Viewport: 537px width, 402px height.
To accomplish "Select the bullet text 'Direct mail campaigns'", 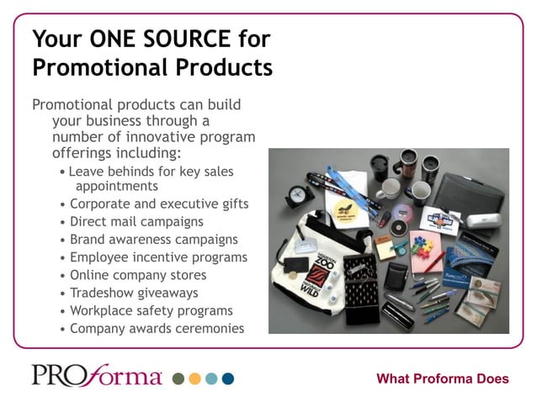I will (x=136, y=222).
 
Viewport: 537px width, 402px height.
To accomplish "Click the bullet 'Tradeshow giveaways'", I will (x=134, y=293).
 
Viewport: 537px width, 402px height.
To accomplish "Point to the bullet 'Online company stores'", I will (x=138, y=275).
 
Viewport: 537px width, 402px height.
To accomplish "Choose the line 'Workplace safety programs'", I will (x=151, y=310).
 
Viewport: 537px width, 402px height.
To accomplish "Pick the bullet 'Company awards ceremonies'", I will (x=157, y=328).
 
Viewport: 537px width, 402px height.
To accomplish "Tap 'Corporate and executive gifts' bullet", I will (x=159, y=204).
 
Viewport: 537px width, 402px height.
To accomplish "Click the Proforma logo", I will (x=97, y=375).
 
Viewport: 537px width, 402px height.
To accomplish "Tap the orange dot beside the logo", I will (x=195, y=379).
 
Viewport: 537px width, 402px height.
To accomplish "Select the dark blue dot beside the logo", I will (x=228, y=379).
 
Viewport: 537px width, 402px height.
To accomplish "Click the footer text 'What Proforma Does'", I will (x=442, y=378).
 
